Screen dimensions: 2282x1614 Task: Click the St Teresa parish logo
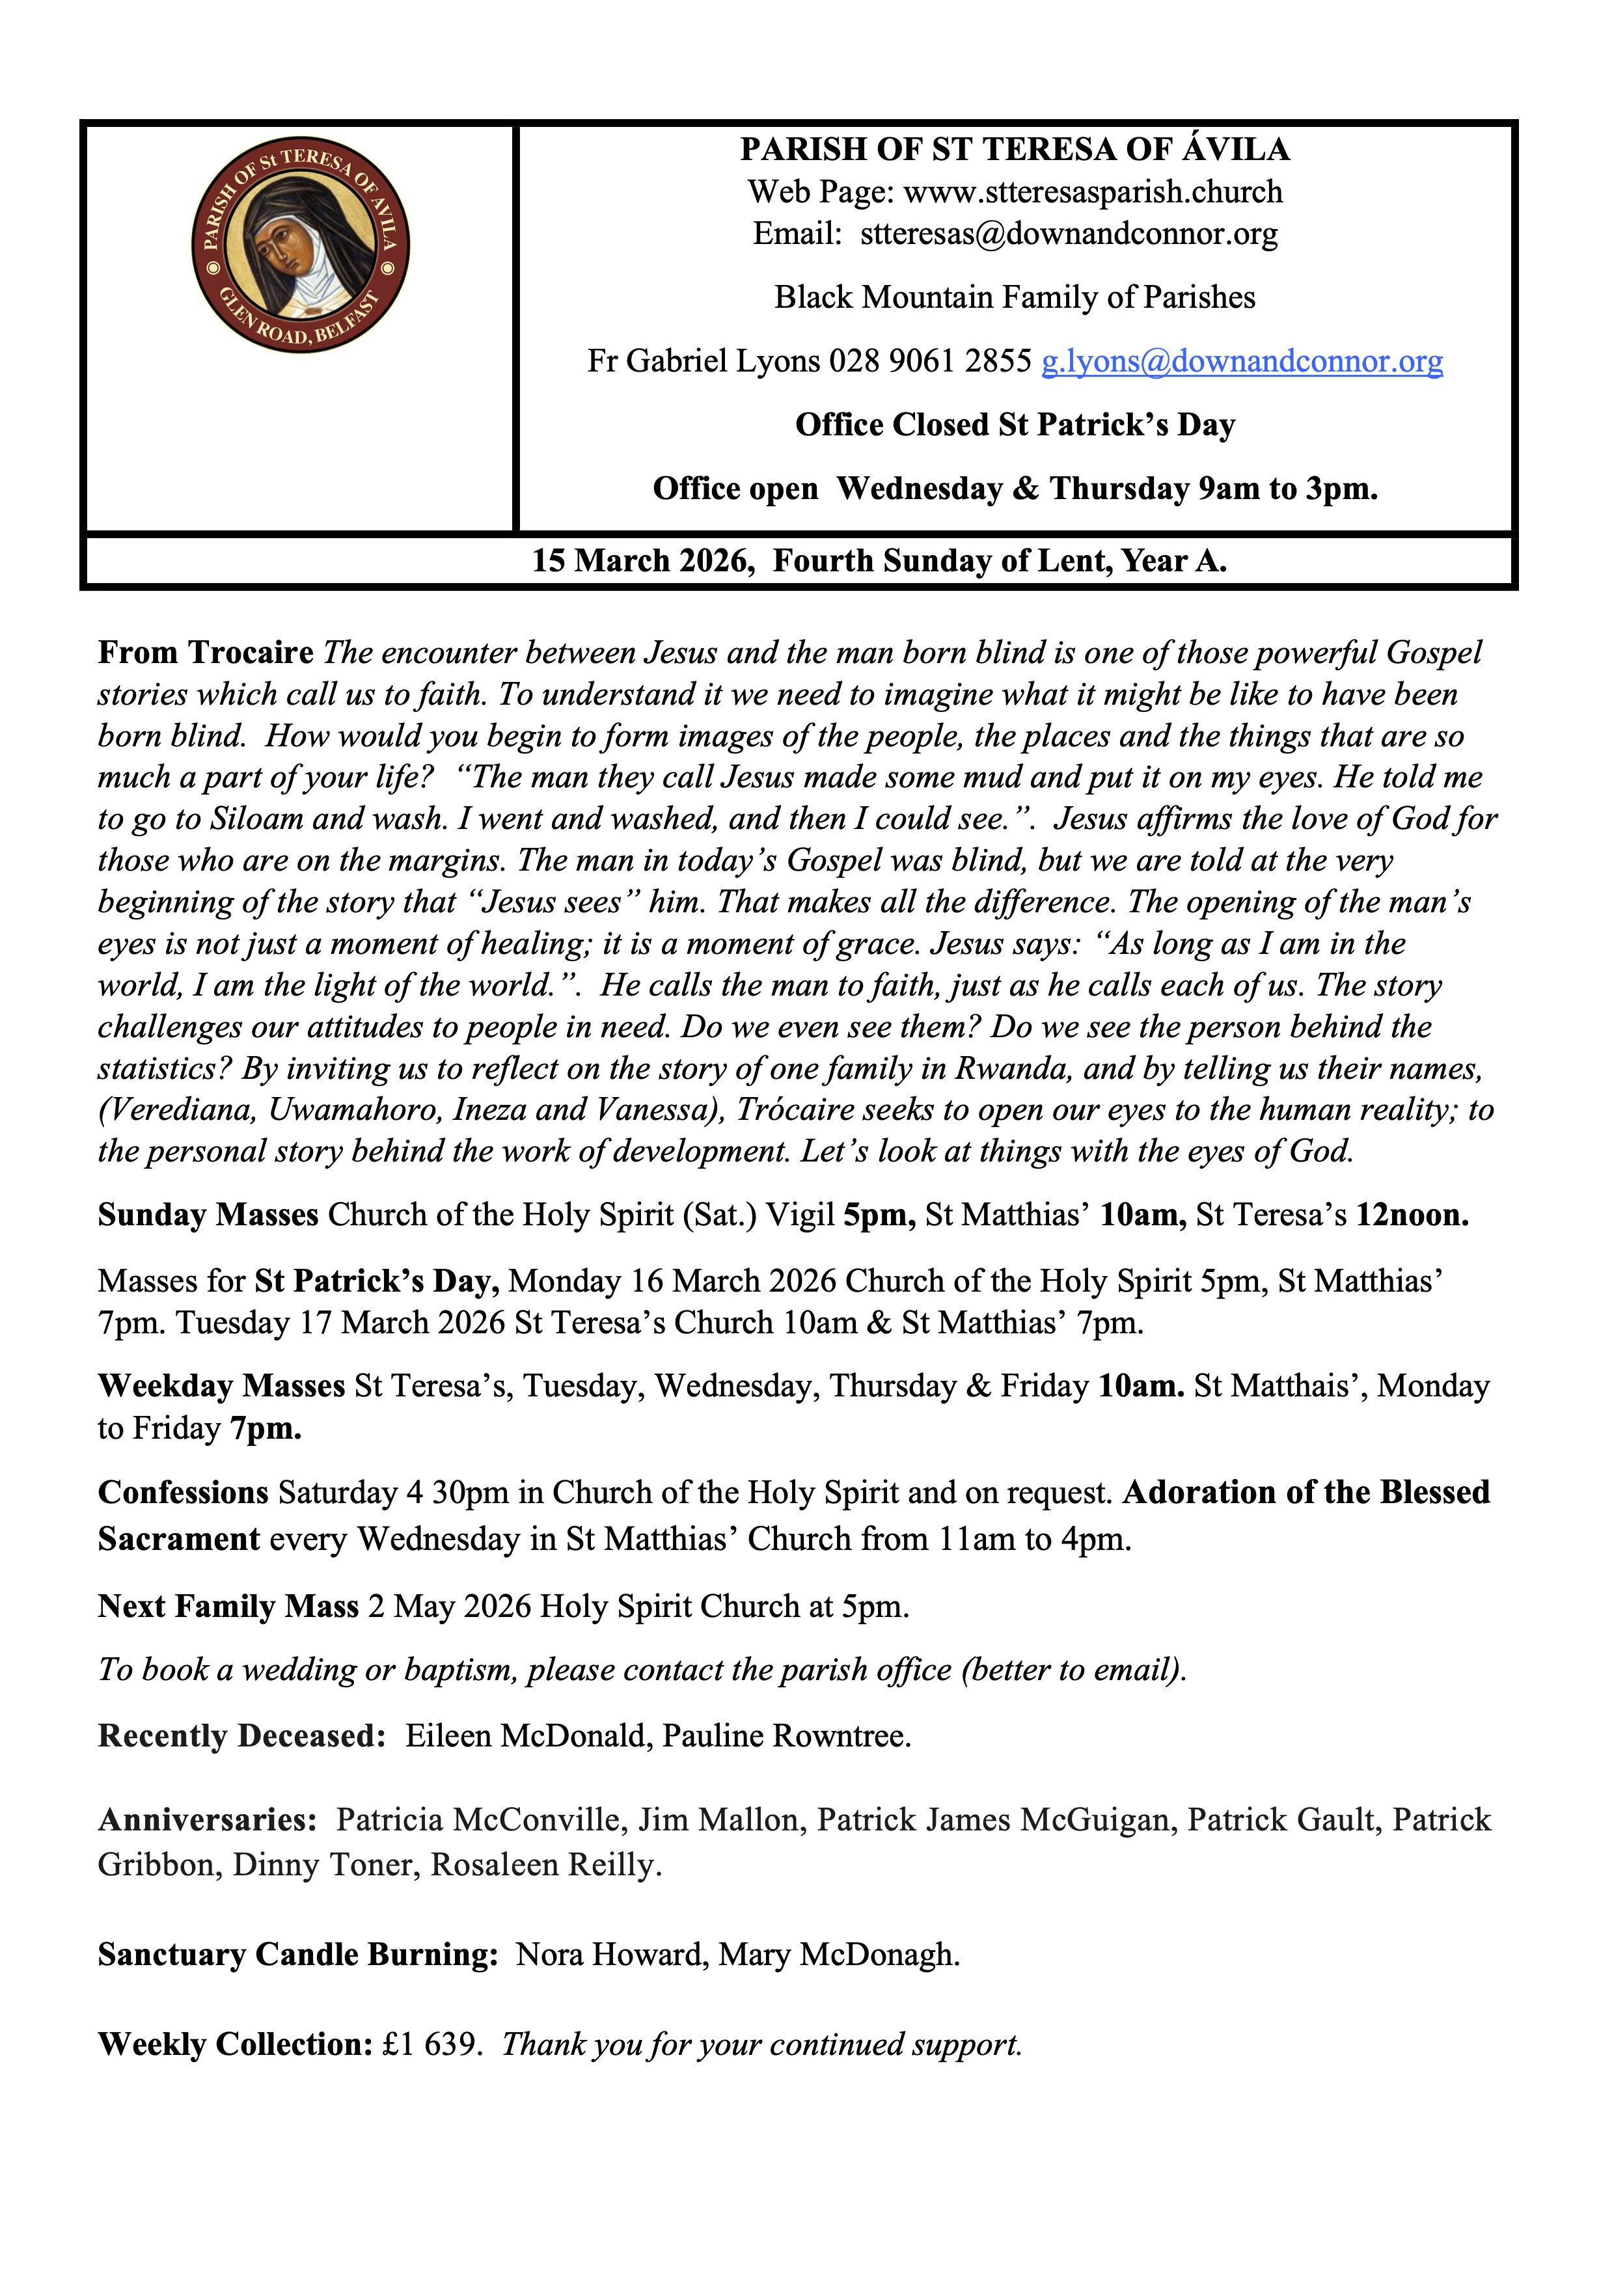tap(300, 245)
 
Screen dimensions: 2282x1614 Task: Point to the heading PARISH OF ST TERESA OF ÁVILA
tap(1015, 149)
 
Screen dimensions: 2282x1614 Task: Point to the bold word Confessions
tap(183, 1493)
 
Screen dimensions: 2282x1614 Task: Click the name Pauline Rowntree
tap(786, 1736)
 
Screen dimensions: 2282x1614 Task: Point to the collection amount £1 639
tap(431, 2044)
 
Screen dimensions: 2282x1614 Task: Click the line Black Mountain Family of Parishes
tap(1015, 297)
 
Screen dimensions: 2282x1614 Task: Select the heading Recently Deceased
tap(241, 1736)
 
